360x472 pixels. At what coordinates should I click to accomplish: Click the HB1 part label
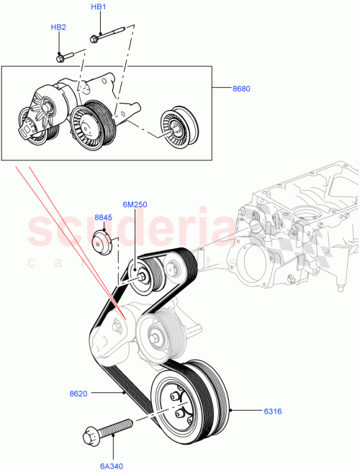99,6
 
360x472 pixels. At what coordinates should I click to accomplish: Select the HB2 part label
58,27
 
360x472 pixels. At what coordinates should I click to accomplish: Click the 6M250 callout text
135,204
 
